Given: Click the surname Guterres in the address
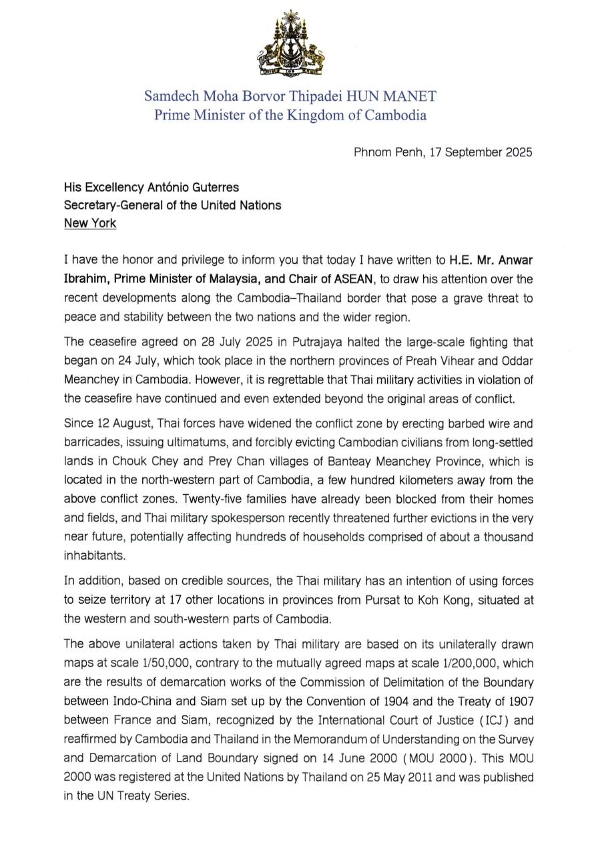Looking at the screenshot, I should tap(208, 188).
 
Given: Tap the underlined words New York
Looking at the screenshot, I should tap(89, 223).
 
